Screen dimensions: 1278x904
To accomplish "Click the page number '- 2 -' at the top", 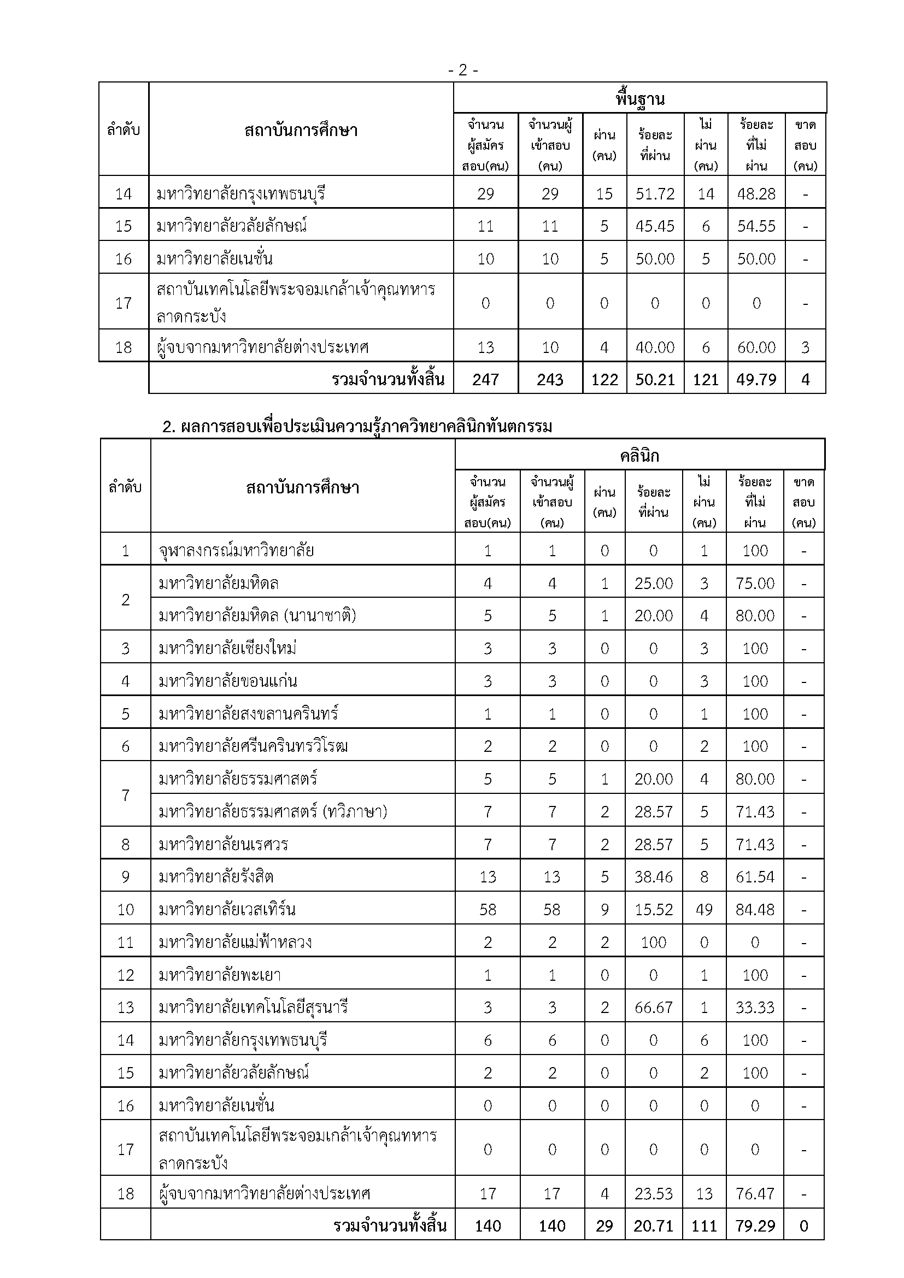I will [x=463, y=70].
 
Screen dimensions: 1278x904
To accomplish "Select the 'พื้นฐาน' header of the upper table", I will [x=639, y=99].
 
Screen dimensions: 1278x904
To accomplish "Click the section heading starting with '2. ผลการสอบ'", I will [x=357, y=427].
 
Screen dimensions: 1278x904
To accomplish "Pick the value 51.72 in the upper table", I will [x=655, y=194].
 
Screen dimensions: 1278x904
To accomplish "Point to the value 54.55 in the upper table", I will [x=756, y=226].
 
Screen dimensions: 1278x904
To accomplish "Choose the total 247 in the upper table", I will [x=486, y=380].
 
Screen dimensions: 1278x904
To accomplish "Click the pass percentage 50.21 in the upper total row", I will [x=655, y=380].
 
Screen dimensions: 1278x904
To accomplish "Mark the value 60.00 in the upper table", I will [x=756, y=348].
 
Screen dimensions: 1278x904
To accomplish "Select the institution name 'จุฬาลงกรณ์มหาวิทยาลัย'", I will [x=236, y=551].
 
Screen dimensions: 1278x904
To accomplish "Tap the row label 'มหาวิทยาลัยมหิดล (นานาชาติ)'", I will [x=257, y=616].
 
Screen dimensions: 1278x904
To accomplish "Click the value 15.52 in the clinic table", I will [x=654, y=910].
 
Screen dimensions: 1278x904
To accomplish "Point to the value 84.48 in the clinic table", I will [x=755, y=910].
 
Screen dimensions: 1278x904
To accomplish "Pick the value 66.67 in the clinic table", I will [x=654, y=1008].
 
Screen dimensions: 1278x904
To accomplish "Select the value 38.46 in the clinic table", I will [x=654, y=876].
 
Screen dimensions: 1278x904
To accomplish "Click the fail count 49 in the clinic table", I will [x=704, y=910].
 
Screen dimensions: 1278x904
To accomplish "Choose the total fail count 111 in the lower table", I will [x=704, y=1226].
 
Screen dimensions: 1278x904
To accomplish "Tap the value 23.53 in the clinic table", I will [x=654, y=1193].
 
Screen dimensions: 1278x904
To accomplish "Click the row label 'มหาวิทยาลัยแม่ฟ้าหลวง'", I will [x=235, y=943].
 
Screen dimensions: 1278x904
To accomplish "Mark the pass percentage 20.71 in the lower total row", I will [x=654, y=1226].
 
